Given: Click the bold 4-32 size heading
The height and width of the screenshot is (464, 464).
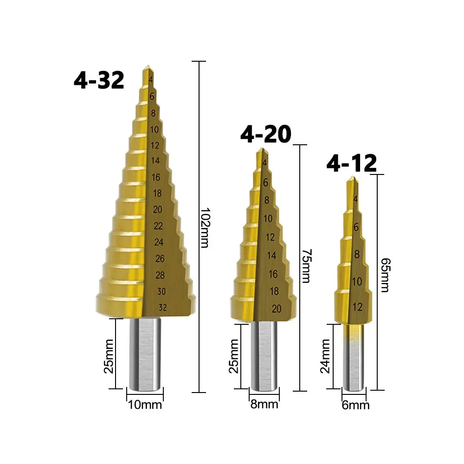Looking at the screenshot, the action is (99, 80).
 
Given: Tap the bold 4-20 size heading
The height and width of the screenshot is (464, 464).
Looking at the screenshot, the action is (266, 134).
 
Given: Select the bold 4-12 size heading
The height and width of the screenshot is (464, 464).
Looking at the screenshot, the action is (352, 163).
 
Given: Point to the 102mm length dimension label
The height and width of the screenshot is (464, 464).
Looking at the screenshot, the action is (205, 227).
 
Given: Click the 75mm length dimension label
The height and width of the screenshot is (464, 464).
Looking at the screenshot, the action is (306, 266).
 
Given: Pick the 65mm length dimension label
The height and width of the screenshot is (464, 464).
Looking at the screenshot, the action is (385, 275).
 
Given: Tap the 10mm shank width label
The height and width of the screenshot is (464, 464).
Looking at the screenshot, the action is (145, 405).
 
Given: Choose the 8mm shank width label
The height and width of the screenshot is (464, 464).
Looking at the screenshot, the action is (264, 404).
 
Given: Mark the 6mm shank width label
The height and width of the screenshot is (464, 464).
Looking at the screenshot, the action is (356, 405).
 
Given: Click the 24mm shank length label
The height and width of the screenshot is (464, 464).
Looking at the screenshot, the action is (325, 356).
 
